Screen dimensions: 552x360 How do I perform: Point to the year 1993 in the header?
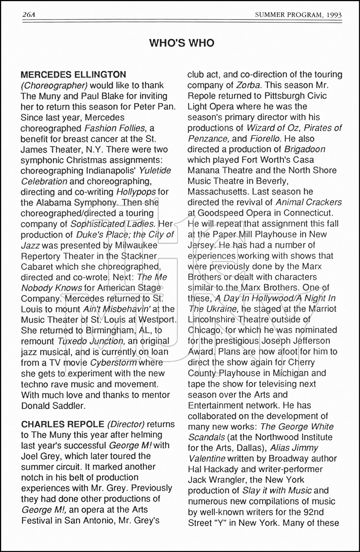[333, 15]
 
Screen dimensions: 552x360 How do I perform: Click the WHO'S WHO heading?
[182, 43]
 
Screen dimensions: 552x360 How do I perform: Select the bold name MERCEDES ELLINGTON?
[73, 75]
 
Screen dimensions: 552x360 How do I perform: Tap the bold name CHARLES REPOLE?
[63, 424]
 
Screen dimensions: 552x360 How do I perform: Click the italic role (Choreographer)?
[54, 85]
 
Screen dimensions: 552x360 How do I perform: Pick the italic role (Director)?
[126, 424]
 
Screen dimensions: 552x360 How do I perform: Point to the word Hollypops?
[136, 192]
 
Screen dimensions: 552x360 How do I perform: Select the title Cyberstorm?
[113, 362]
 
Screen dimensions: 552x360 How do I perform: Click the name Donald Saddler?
[53, 406]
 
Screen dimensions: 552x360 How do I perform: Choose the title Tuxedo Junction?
[91, 341]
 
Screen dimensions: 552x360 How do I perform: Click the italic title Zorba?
[249, 85]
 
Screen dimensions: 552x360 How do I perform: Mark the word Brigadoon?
[304, 149]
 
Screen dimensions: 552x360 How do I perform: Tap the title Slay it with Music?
[277, 491]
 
